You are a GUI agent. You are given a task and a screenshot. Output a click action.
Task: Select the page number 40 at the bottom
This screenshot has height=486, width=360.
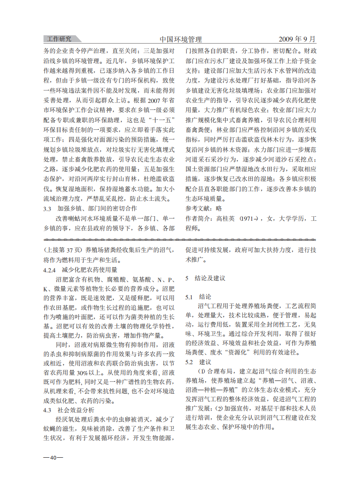point(53,457)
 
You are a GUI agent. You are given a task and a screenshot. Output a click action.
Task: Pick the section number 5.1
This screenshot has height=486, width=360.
point(189,297)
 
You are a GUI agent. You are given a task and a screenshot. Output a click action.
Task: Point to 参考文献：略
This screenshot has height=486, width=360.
point(203,208)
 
